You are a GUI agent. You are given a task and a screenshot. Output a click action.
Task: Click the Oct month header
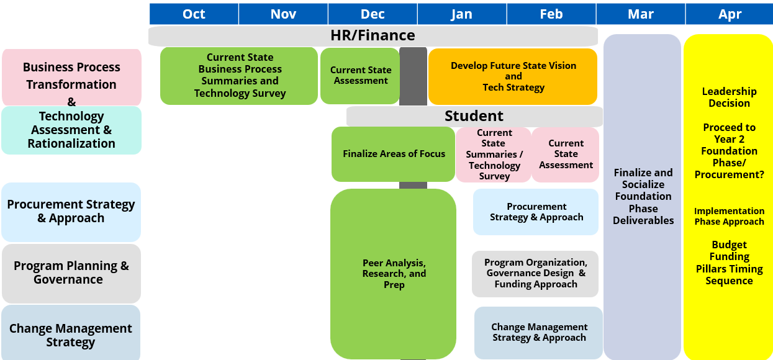[194, 14]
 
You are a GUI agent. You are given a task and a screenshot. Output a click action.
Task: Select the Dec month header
[373, 14]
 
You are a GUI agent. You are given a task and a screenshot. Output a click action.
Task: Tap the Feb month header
[551, 14]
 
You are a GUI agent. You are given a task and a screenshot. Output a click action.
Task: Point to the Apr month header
[730, 14]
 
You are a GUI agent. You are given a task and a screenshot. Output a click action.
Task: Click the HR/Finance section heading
[373, 35]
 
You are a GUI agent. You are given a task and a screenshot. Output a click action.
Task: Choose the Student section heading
[474, 116]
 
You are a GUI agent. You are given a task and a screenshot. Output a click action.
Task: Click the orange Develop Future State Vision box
[513, 76]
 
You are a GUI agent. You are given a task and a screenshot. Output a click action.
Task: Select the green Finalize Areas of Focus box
[393, 154]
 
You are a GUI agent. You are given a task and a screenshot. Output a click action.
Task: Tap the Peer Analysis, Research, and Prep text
[394, 274]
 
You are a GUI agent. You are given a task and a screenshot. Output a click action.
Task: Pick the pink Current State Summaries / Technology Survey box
[494, 155]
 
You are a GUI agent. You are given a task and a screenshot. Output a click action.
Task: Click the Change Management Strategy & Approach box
[539, 333]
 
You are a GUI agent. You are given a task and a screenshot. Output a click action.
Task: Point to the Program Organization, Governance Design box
[535, 274]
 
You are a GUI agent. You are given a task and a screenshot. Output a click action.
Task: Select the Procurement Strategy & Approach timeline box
[536, 212]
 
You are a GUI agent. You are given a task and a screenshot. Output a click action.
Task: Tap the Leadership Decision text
[729, 97]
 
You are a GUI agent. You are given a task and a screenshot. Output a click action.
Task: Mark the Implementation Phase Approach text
[729, 216]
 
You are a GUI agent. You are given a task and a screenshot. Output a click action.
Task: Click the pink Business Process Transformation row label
[71, 77]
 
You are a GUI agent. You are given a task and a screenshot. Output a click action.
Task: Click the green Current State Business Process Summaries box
[239, 76]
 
